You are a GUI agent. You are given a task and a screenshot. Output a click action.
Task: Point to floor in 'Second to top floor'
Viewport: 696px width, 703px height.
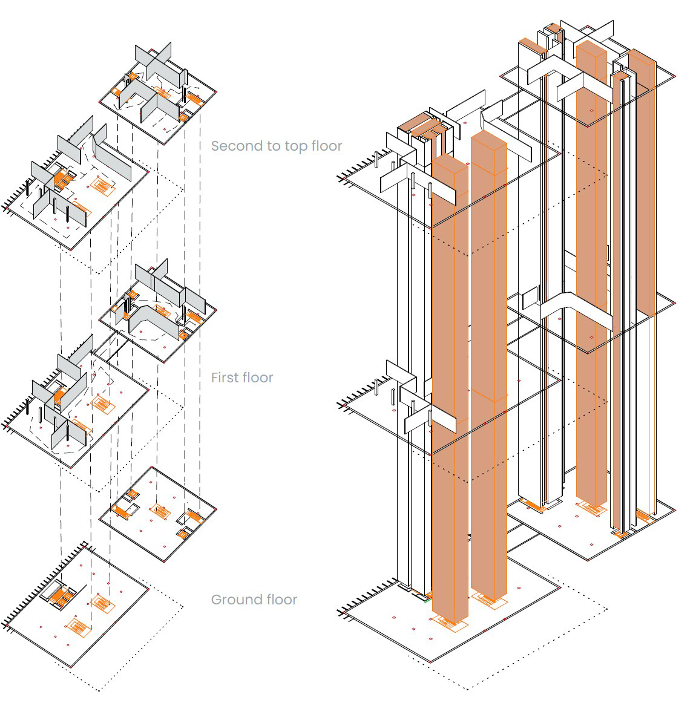(327, 146)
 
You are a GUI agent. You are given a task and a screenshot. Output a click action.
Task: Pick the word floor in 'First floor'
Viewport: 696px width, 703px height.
(257, 378)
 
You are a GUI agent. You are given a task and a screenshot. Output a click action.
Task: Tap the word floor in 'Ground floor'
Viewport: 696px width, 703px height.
(281, 600)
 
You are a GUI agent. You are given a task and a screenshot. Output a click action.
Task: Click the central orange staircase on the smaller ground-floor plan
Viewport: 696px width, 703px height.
(160, 512)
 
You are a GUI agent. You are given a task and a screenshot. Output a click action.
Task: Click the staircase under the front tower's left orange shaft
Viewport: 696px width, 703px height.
(449, 623)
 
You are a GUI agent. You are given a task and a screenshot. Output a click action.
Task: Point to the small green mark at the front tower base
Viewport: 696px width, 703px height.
(427, 601)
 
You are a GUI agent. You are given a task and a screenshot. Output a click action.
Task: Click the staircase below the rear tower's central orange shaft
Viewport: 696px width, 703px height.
(591, 509)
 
